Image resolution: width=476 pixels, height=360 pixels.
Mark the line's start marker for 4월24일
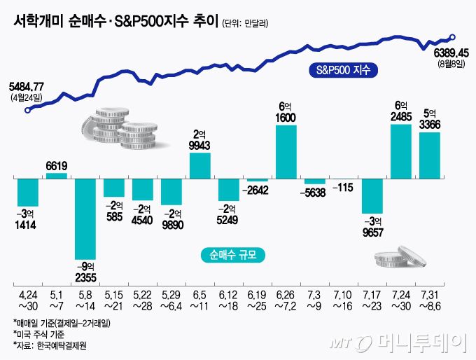(x=27, y=110)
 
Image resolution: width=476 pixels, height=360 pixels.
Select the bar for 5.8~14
(x=85, y=219)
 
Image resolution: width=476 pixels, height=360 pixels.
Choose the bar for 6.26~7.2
(x=286, y=152)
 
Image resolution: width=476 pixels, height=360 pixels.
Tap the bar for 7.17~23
(x=372, y=196)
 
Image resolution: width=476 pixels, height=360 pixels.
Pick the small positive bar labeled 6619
(x=57, y=176)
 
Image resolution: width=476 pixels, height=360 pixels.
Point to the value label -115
(x=344, y=188)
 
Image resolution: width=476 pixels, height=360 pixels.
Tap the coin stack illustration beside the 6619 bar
(x=118, y=130)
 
